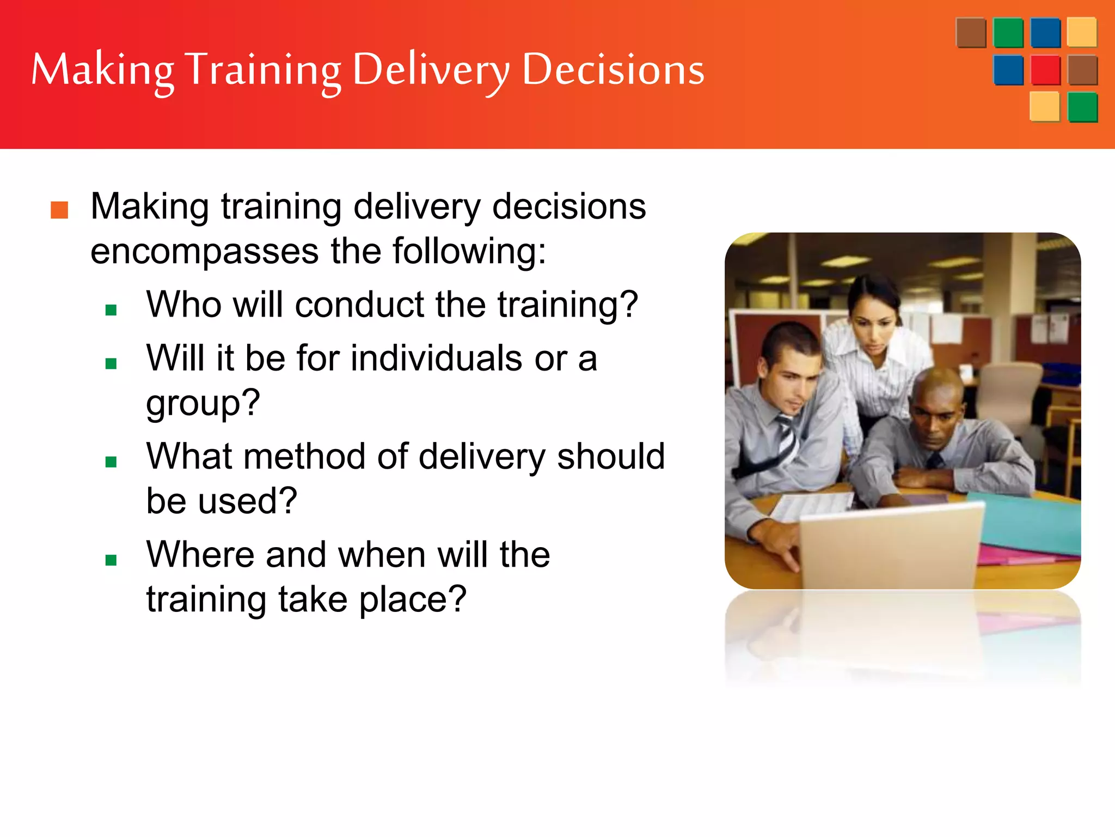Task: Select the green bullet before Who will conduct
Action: tap(112, 310)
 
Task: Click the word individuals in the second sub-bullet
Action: tap(437, 359)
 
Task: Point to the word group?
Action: tap(203, 404)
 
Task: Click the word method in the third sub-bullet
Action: tap(304, 457)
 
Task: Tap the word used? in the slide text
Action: tap(247, 501)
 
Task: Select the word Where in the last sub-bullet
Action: tap(200, 555)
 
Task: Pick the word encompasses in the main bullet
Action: tap(204, 252)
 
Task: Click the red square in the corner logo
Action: tap(1045, 70)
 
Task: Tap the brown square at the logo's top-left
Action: tap(971, 33)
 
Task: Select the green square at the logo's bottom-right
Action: tap(1082, 107)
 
